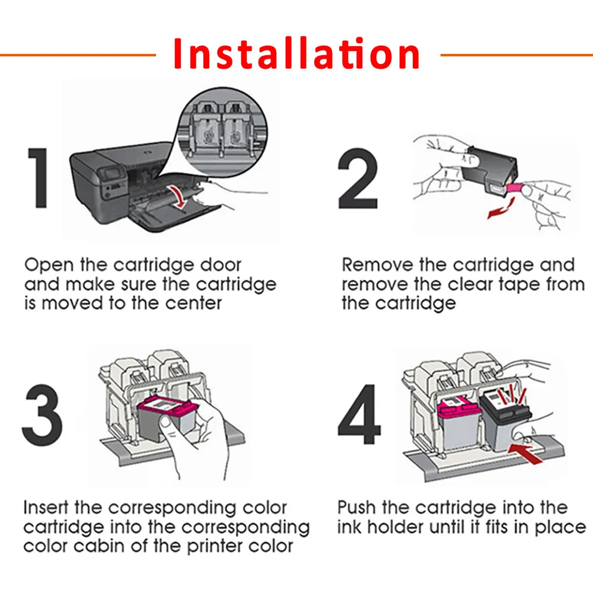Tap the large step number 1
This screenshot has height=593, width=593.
[38, 178]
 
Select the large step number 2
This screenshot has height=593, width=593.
[358, 178]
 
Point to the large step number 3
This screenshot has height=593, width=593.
[42, 415]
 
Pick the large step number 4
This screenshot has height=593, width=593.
[359, 414]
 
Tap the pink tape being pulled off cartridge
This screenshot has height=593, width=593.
[514, 188]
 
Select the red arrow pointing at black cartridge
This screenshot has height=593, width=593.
[525, 453]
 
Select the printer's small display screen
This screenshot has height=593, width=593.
[112, 174]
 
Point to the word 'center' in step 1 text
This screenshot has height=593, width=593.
[193, 303]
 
